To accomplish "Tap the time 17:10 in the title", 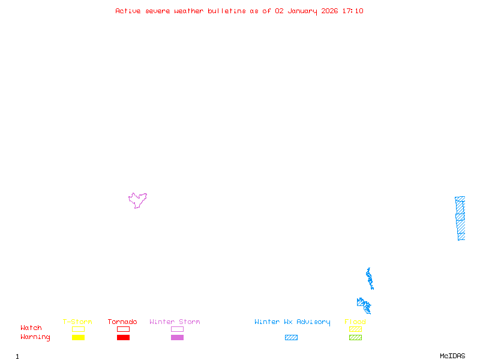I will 352,11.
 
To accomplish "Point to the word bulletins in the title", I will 227,11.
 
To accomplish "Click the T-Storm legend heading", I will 77,322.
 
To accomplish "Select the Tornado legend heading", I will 122,322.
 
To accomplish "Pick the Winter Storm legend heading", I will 175,322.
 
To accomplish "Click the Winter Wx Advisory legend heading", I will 292,322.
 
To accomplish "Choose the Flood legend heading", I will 355,322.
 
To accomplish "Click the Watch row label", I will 31,328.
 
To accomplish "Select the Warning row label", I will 35,337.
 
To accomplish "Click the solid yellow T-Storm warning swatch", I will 78,338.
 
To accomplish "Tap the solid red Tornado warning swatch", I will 123,338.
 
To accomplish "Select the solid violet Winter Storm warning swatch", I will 177,338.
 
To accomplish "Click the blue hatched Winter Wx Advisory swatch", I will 291,338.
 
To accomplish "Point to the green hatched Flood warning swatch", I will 355,338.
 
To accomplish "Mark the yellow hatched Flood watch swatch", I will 355,329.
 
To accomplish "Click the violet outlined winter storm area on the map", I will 137,200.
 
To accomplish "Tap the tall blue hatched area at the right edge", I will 460,218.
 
